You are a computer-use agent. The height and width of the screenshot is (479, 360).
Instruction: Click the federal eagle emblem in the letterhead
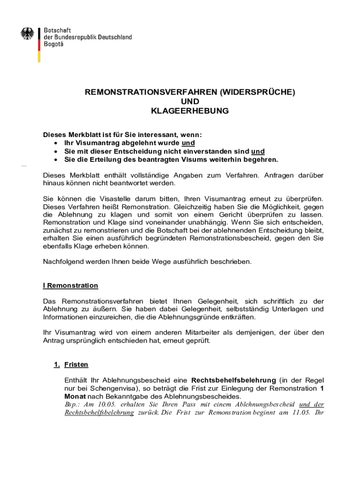pos(28,34)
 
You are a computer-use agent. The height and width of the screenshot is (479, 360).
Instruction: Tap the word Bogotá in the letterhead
pos(54,44)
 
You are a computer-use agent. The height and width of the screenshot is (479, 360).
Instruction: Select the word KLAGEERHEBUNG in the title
pos(189,111)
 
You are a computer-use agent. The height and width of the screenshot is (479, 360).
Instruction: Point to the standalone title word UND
pos(189,102)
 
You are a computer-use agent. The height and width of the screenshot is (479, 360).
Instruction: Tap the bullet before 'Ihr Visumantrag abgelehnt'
pos(56,143)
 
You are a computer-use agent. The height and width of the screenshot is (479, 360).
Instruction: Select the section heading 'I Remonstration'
pos(71,285)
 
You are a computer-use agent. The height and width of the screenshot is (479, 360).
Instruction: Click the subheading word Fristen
pos(76,364)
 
